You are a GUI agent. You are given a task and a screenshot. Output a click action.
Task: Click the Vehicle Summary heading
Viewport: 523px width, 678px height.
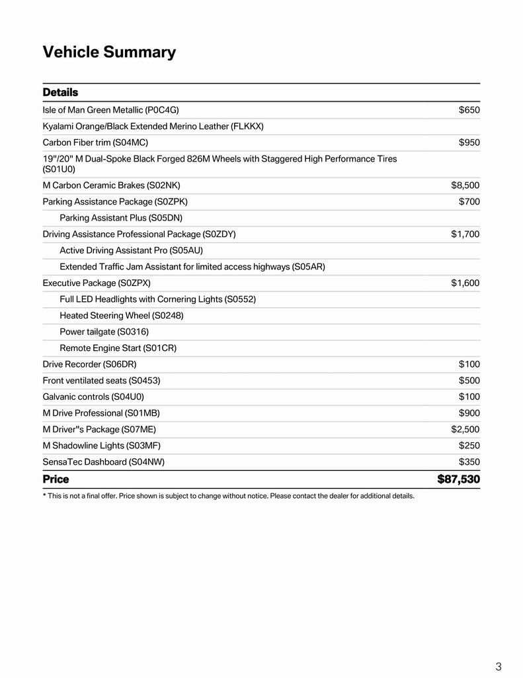click(x=109, y=52)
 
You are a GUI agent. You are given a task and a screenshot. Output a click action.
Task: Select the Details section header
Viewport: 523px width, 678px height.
click(x=60, y=92)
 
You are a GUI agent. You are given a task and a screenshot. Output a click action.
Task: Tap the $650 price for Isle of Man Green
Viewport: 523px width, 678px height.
click(x=469, y=110)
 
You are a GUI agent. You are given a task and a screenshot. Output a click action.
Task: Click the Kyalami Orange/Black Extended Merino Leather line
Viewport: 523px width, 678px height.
click(x=153, y=126)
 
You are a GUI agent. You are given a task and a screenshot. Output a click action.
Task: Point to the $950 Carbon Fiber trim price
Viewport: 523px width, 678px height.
click(x=469, y=142)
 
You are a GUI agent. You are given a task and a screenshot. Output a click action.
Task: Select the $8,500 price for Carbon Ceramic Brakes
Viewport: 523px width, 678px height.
click(x=465, y=185)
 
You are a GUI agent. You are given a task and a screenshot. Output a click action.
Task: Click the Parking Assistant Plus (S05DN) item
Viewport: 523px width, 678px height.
click(x=121, y=218)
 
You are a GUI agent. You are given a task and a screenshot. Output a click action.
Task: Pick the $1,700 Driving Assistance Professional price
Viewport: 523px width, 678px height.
click(x=465, y=234)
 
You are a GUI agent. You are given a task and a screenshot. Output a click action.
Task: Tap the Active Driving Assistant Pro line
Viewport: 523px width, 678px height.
click(x=131, y=250)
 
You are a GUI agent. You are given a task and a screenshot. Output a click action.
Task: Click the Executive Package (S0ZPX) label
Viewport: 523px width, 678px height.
click(x=97, y=283)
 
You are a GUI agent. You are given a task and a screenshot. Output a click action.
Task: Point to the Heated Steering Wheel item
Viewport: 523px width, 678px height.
click(x=122, y=315)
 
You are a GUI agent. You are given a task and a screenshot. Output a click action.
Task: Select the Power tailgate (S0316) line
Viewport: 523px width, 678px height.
click(x=104, y=332)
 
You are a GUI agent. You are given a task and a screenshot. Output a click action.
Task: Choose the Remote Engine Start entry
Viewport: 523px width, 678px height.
click(x=118, y=348)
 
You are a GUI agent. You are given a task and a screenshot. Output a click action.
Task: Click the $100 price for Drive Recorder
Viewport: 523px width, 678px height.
click(x=469, y=364)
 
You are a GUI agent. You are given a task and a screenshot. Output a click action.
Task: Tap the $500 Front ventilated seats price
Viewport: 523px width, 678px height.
click(x=469, y=381)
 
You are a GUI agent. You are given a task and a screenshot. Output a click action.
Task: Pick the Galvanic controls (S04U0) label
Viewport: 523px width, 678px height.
click(x=93, y=397)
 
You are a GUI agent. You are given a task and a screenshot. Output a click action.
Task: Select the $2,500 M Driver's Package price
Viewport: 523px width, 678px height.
click(x=465, y=429)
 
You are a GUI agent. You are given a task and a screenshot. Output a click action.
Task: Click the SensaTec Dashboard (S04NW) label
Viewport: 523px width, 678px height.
click(x=103, y=461)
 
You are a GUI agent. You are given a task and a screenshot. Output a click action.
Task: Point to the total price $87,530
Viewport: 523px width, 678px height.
click(x=458, y=479)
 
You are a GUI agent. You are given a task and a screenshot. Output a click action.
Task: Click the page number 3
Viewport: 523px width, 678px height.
click(x=498, y=666)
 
